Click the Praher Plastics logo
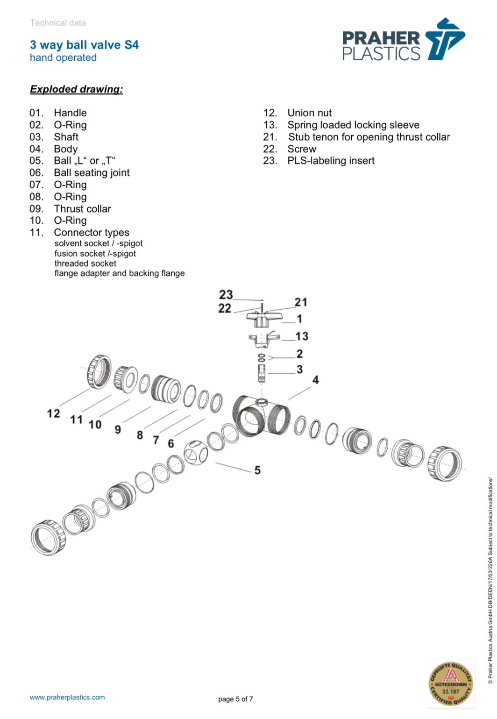pyautogui.click(x=404, y=41)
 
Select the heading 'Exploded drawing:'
pyautogui.click(x=76, y=89)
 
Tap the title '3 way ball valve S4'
pyautogui.click(x=84, y=45)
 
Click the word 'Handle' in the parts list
pyautogui.click(x=70, y=113)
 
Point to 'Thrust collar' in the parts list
pyautogui.click(x=82, y=209)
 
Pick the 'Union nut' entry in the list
pyautogui.click(x=309, y=113)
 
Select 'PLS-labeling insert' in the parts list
pyautogui.click(x=331, y=161)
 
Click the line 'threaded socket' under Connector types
pyautogui.click(x=85, y=263)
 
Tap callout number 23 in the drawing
pyautogui.click(x=226, y=295)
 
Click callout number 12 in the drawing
pyautogui.click(x=53, y=413)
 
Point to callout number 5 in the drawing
pyautogui.click(x=257, y=470)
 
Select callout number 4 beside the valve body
pyautogui.click(x=316, y=380)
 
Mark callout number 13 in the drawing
pyautogui.click(x=302, y=336)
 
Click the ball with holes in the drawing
pyautogui.click(x=196, y=452)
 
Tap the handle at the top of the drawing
pyautogui.click(x=264, y=319)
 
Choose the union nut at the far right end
pyautogui.click(x=444, y=463)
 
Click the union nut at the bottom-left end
pyautogui.click(x=48, y=537)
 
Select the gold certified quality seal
pyautogui.click(x=450, y=683)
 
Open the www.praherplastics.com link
pyautogui.click(x=67, y=697)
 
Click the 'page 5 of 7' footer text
pyautogui.click(x=235, y=699)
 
